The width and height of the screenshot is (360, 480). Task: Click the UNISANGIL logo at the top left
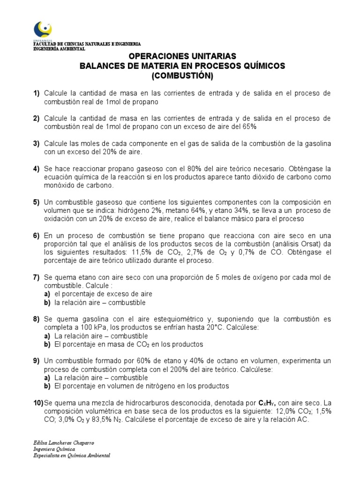pyautogui.click(x=43, y=31)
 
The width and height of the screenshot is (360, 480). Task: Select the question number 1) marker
pyautogui.click(x=36, y=93)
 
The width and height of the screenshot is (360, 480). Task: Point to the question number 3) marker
pyautogui.click(x=36, y=143)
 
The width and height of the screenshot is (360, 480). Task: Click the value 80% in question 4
pyautogui.click(x=160, y=168)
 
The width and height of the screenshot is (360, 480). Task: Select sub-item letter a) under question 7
pyautogui.click(x=47, y=293)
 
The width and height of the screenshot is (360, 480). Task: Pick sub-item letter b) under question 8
pyautogui.click(x=47, y=344)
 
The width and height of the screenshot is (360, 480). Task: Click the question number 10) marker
pyautogui.click(x=38, y=403)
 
